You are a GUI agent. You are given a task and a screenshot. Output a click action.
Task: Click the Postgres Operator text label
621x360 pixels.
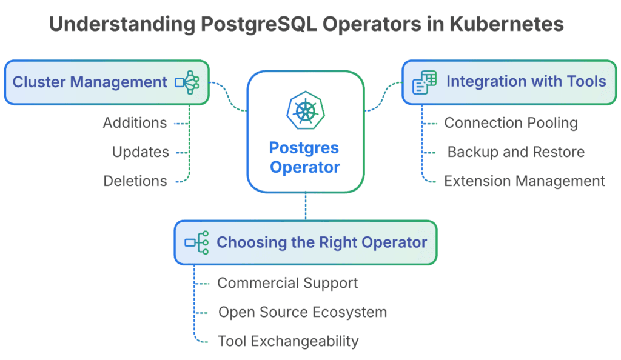(x=305, y=157)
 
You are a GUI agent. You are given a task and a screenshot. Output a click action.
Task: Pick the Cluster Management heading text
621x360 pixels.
(x=90, y=82)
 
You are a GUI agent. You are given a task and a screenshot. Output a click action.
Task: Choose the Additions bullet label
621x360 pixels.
(x=135, y=123)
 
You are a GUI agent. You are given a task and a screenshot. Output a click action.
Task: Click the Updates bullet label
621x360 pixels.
(x=141, y=152)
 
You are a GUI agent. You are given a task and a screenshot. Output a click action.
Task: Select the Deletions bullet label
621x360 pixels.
(x=135, y=181)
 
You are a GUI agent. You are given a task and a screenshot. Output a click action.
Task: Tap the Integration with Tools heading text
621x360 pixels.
(x=526, y=81)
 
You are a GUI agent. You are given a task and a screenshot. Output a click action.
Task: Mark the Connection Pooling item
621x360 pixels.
(x=511, y=123)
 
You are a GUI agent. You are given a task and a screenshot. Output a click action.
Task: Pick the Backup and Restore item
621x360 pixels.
(x=516, y=152)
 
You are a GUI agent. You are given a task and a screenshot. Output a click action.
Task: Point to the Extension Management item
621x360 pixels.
(x=525, y=181)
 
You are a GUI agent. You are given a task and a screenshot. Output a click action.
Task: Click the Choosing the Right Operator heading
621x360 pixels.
(x=321, y=242)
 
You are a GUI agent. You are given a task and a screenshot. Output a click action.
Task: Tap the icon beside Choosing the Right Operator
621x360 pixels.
(x=196, y=242)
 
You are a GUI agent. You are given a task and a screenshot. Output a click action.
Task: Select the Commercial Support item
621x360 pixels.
(x=287, y=283)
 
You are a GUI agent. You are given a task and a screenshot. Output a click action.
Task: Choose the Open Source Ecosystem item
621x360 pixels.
(x=303, y=312)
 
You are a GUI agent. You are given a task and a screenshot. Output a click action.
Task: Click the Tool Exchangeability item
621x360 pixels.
(x=288, y=341)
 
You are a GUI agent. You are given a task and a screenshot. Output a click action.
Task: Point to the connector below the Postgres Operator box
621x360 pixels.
(x=306, y=206)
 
